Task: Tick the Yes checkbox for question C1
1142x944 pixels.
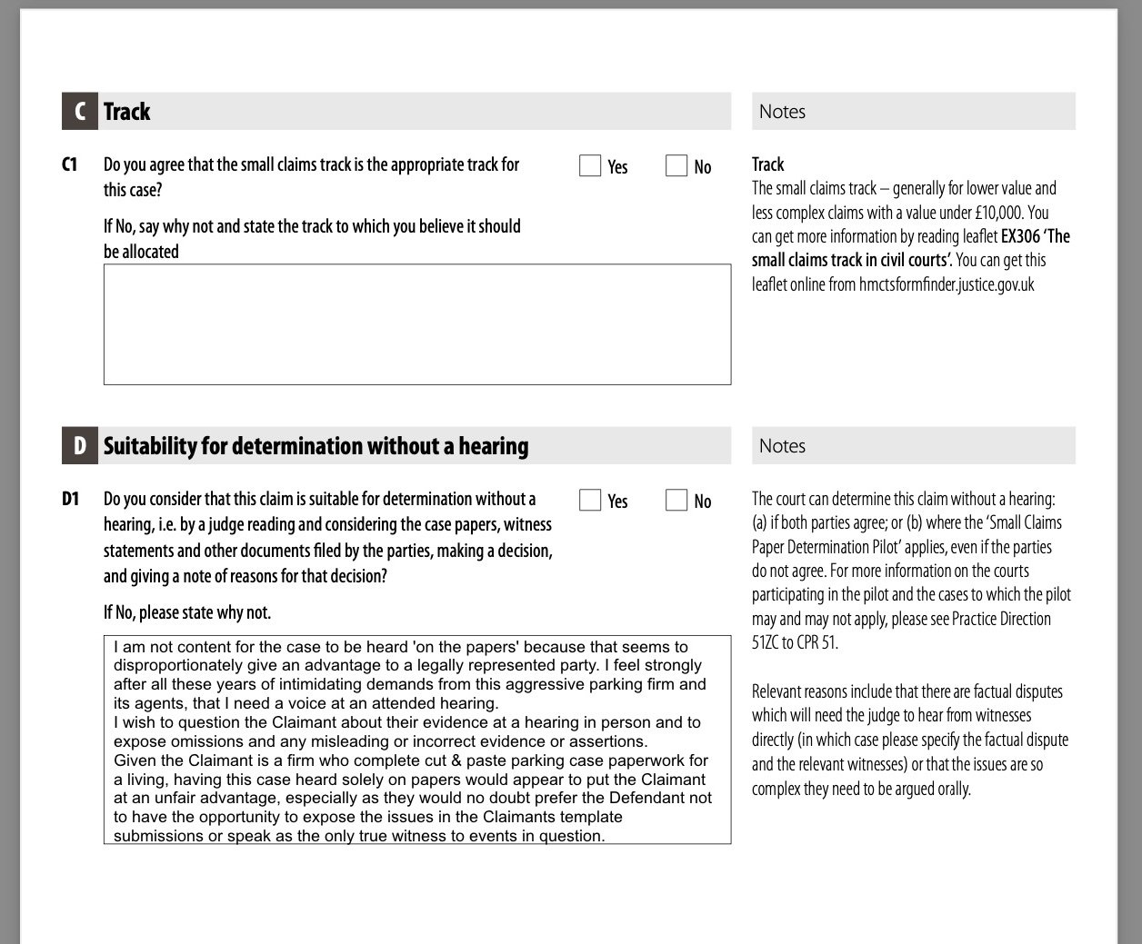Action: tap(590, 165)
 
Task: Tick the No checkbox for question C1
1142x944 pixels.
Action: tap(676, 165)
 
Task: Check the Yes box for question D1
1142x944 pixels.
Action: tap(590, 500)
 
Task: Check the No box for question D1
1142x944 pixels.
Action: tap(676, 500)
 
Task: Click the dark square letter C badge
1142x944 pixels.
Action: tap(80, 112)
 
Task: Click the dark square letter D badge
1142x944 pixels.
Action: tap(80, 446)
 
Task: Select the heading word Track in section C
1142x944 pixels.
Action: tap(127, 112)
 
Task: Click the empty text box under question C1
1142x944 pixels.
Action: tap(416, 324)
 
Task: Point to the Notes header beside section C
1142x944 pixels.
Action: tap(782, 112)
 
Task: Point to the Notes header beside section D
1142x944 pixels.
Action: tap(782, 446)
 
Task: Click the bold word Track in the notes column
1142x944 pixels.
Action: tap(767, 164)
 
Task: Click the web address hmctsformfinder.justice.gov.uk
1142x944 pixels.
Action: tap(946, 284)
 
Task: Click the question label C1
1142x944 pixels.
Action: tap(70, 164)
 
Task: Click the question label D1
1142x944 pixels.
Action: tap(71, 499)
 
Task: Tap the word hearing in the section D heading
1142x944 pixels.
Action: tap(493, 446)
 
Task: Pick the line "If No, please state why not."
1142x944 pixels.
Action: tap(187, 612)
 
